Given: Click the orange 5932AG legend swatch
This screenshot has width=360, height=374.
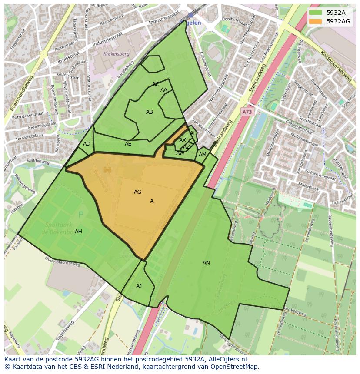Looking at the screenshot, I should (x=316, y=21).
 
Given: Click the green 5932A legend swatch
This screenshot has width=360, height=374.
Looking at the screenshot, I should (x=316, y=13).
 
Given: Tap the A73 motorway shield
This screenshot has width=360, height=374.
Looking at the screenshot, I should (x=247, y=112).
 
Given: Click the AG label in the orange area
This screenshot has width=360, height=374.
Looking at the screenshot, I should (x=137, y=192).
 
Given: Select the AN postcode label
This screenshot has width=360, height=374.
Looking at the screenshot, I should (x=206, y=263).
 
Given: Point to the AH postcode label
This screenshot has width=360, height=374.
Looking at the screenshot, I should (x=78, y=232).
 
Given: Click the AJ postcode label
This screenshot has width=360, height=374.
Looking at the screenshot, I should (x=139, y=286).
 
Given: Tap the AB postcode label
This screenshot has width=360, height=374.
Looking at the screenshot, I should (x=150, y=112).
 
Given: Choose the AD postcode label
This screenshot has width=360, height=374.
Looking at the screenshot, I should (x=87, y=144).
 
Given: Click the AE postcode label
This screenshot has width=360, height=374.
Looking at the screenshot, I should (x=128, y=144).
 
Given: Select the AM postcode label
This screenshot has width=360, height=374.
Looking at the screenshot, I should (x=203, y=155).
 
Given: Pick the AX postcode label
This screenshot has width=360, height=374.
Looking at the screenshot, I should (x=183, y=140).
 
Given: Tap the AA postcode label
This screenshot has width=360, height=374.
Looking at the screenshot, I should (x=164, y=90).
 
